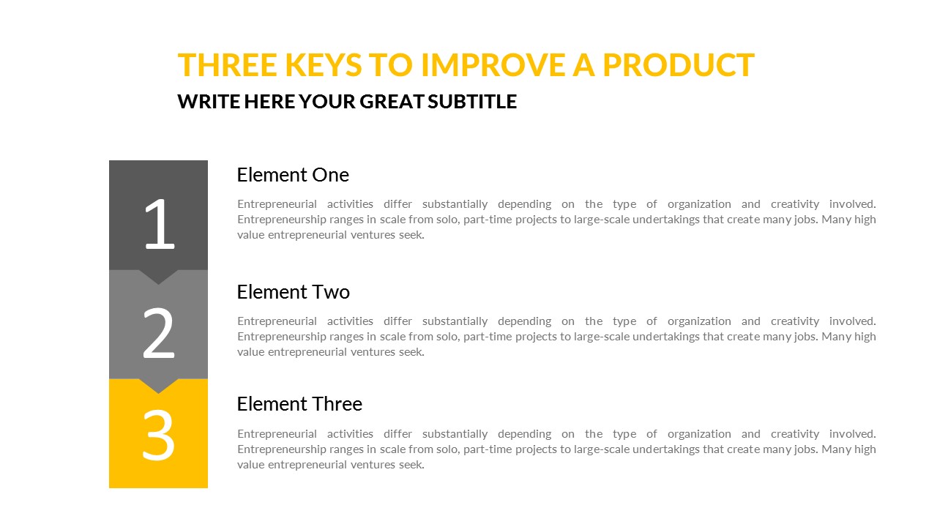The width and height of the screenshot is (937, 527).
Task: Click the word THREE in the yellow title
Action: coord(227,65)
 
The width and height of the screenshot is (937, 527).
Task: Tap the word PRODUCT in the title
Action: coord(679,65)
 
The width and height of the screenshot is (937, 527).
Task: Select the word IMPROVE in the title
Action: coord(493,65)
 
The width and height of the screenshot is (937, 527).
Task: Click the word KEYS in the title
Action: coord(324,65)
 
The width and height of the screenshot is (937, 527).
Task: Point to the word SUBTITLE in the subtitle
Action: coord(472,102)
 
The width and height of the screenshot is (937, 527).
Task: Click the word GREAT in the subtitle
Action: coord(392,102)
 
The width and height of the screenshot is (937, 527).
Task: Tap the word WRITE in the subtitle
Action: coord(209,102)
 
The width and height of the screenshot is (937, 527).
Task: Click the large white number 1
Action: coord(160,224)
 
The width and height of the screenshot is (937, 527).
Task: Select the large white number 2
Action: coord(159,333)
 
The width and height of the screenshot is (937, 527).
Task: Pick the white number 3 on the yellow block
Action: coord(159,436)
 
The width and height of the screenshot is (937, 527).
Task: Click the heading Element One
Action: coord(293,175)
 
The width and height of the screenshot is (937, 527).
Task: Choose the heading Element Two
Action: coord(294,292)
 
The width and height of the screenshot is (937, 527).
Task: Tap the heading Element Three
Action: coord(299,404)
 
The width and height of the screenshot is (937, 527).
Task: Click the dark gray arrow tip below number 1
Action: coord(158,285)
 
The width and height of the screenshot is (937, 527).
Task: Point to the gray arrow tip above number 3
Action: coord(158,393)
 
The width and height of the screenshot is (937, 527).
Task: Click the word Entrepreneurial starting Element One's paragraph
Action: coord(277,204)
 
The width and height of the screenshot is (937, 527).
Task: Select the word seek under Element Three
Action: coord(411,465)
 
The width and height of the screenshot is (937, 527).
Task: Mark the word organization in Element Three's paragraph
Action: coord(699,435)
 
